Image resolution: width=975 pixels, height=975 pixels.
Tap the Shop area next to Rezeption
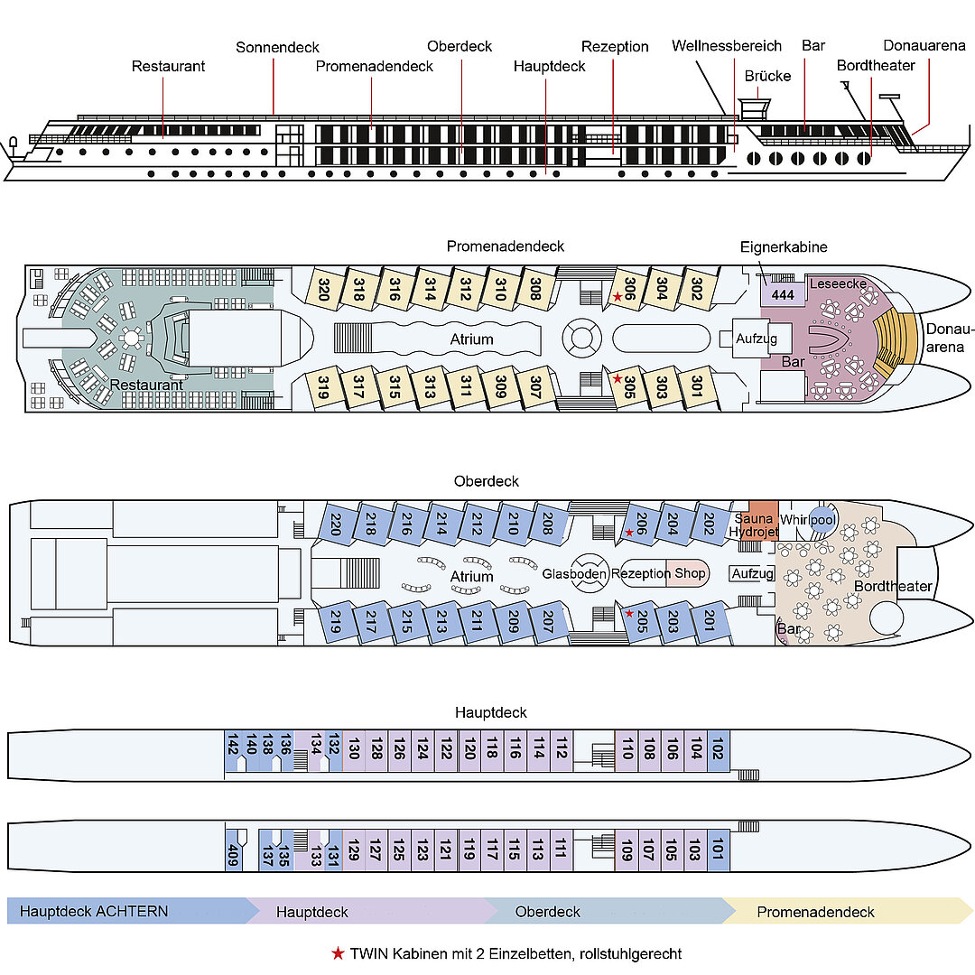coord(690,573)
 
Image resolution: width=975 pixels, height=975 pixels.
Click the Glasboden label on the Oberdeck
coord(574,573)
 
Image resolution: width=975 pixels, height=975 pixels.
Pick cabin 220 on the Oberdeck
coord(335,525)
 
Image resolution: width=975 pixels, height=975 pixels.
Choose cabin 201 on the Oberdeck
coord(709,621)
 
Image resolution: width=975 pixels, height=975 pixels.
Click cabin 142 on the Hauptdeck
coord(232,748)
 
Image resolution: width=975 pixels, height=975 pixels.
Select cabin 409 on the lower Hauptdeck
coord(233,851)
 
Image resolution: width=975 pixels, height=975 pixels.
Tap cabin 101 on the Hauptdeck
coord(719,850)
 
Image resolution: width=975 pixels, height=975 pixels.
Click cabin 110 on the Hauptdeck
coord(627,748)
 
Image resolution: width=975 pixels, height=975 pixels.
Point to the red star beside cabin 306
coord(617,296)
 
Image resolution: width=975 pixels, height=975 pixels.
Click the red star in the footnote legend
coord(338,953)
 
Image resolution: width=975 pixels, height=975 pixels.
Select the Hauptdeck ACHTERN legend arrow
coord(126,911)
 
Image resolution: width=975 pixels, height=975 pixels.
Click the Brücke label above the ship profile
coord(767,76)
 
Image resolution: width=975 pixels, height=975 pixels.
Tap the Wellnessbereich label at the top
coord(726,46)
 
